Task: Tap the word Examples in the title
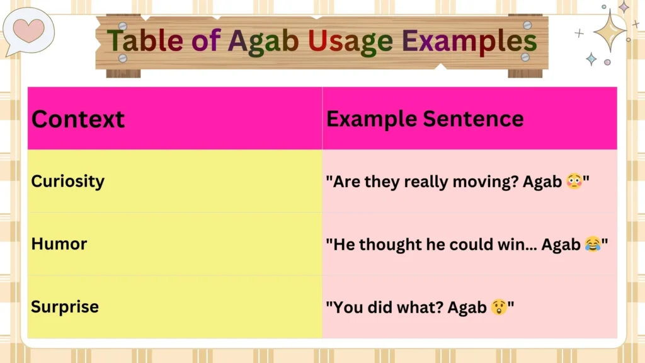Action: [469, 42]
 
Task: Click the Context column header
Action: [78, 119]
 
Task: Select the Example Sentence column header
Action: [425, 118]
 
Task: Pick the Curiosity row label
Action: [68, 181]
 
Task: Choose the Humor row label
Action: [59, 244]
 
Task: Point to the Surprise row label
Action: [65, 307]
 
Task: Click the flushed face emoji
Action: [573, 182]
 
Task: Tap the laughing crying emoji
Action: [592, 245]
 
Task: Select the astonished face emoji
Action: [498, 308]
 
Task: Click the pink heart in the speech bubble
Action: [28, 30]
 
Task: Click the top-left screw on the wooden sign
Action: [123, 26]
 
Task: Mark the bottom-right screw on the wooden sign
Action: [525, 57]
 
